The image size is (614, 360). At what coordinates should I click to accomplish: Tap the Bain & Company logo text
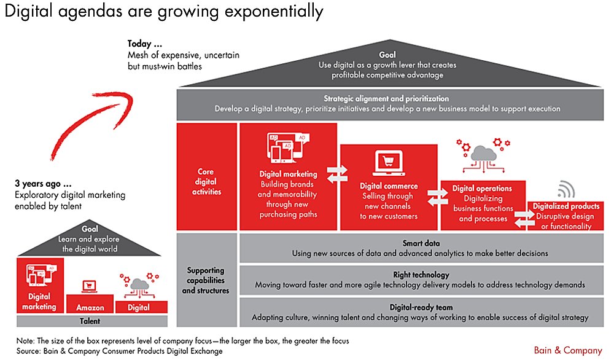coord(569,350)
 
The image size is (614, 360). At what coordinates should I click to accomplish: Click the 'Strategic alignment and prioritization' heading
coord(387,98)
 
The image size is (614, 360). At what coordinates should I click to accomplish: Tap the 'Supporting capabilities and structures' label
coord(206,280)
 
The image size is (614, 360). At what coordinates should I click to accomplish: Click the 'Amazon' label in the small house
coord(90,308)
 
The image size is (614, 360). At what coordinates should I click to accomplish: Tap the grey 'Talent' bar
coord(90,321)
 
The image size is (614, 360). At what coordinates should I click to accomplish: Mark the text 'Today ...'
coord(145,44)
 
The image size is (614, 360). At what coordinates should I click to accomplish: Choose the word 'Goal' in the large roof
coord(387,53)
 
